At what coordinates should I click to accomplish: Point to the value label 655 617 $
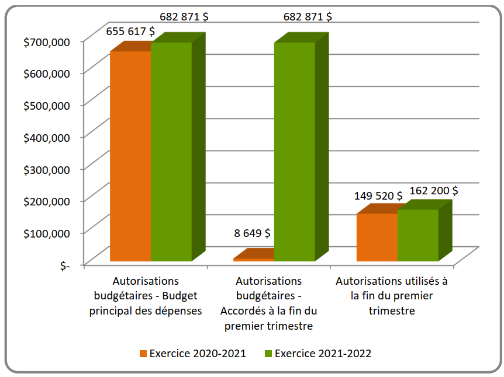point(130,32)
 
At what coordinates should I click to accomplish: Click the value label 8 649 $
point(252,233)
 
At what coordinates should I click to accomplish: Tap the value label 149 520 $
point(378,196)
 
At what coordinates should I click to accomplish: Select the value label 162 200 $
point(433,190)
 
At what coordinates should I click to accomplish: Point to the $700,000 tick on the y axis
point(47,41)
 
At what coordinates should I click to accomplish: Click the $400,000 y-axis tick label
point(47,137)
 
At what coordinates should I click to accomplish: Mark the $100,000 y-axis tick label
point(47,233)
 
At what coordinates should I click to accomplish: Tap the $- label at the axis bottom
point(64,265)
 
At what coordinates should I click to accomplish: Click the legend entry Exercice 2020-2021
point(198,353)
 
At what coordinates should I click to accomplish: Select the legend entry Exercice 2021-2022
point(323,353)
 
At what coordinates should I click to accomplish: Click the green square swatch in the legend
point(268,354)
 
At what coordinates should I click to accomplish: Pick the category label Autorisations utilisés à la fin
point(392,296)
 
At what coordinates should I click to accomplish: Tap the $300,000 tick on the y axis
point(47,169)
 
